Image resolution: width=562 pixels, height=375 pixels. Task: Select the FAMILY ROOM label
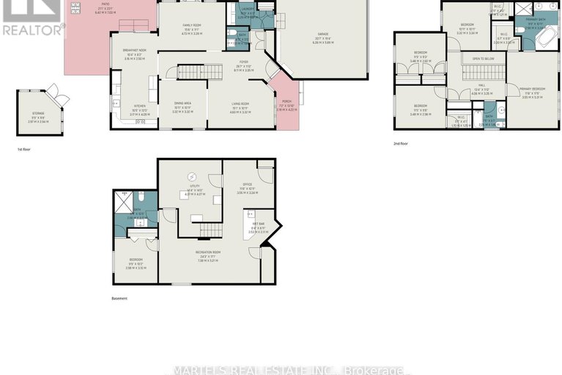(x=192, y=25)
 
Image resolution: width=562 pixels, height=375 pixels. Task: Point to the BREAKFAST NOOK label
(x=133, y=54)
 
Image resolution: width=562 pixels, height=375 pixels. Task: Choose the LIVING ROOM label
(x=240, y=104)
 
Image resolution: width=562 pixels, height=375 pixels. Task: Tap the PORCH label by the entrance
(x=286, y=106)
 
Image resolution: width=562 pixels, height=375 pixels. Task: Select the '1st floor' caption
(x=25, y=149)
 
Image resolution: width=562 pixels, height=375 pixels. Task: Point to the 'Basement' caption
(x=119, y=298)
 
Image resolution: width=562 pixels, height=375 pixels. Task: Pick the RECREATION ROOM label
(x=209, y=252)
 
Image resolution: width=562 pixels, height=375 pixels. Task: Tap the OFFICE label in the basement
(x=248, y=184)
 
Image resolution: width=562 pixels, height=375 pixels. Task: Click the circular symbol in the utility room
(x=193, y=176)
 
